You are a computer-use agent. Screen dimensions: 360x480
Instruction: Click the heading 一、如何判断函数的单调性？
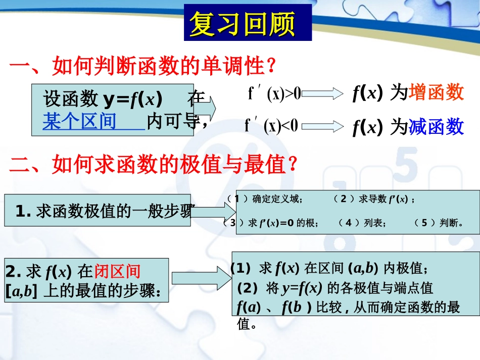tap(143, 66)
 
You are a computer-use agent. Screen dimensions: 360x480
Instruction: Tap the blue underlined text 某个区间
tap(79, 122)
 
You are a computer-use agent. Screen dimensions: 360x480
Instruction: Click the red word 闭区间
tap(117, 272)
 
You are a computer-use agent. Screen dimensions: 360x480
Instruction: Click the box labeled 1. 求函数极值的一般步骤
tap(98, 211)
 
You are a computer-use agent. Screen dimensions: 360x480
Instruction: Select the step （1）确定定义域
tap(263, 199)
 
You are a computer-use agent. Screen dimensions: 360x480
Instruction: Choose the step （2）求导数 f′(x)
tap(374, 199)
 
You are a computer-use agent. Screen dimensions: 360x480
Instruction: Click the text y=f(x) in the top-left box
tap(132, 99)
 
